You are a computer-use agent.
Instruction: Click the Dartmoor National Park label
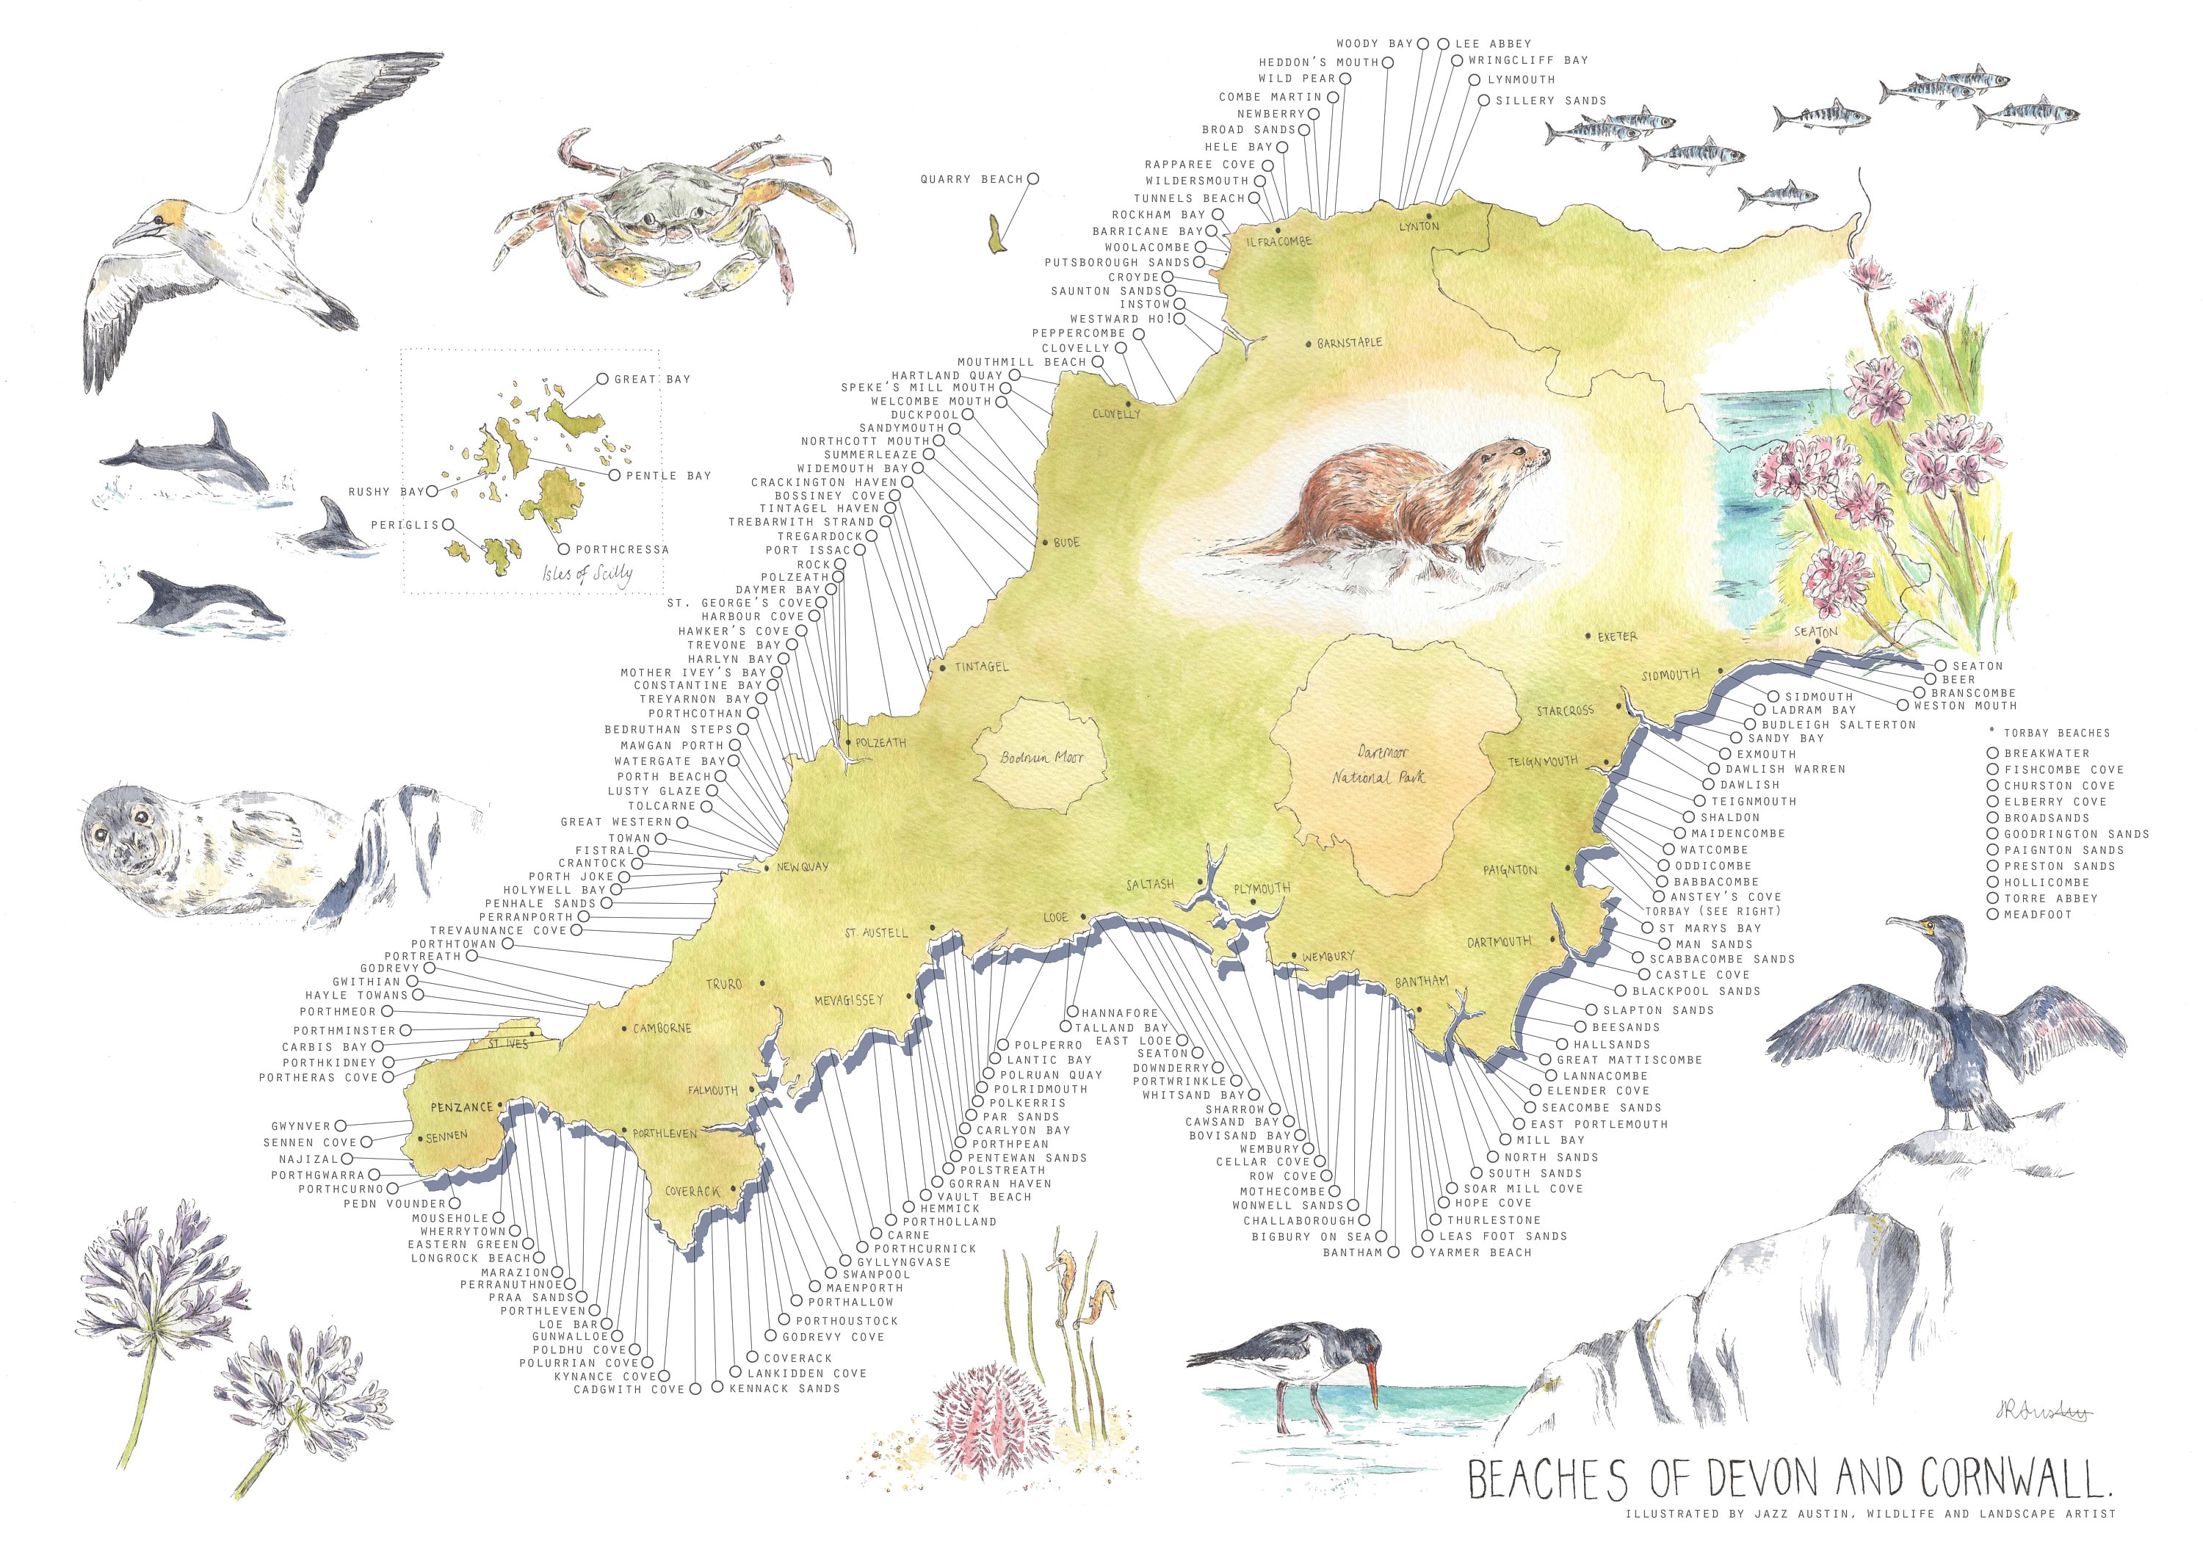point(1380,764)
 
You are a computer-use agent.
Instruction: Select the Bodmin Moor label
point(1041,757)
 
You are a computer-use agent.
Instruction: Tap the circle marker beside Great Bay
point(603,379)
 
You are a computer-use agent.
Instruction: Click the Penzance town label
point(460,1107)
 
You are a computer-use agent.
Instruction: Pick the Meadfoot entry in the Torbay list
point(2037,914)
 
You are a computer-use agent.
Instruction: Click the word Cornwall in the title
point(2014,1479)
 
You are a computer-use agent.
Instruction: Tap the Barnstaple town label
point(1349,342)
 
